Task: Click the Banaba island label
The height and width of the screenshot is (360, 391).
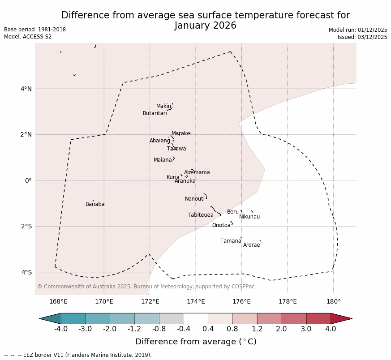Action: tap(95, 204)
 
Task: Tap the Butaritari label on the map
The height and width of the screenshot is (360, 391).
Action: tap(155, 113)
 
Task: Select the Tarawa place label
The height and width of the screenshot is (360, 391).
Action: tap(176, 149)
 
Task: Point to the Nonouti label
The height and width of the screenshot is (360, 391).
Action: tap(195, 199)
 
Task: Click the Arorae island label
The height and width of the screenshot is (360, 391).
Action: tap(251, 245)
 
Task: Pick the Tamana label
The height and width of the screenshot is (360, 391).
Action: tap(231, 241)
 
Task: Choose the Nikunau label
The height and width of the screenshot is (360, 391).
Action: tap(249, 217)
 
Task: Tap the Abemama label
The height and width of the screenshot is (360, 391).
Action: tap(197, 172)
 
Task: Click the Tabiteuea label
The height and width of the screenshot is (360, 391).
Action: tap(201, 215)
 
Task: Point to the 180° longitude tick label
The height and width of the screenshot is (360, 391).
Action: tap(333, 302)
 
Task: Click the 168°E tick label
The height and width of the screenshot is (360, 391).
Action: tap(58, 302)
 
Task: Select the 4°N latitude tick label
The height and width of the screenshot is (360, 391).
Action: tap(26, 89)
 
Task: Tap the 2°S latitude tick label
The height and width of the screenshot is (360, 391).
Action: tap(26, 226)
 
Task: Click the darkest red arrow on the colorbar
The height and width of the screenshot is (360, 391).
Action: tap(341, 318)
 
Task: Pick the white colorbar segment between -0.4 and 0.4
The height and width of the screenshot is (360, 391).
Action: tap(196, 318)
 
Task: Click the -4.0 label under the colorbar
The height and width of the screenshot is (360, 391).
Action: tap(61, 329)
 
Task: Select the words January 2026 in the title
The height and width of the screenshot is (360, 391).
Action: tap(206, 26)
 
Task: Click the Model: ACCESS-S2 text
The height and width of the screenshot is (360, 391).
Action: tap(28, 37)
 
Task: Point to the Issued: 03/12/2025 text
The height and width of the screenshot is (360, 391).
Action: tap(362, 37)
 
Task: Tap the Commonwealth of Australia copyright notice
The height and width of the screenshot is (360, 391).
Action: tap(146, 287)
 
